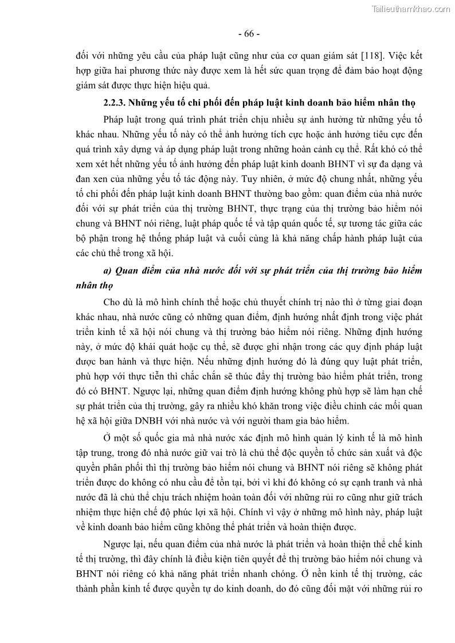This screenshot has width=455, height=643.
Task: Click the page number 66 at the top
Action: click(248, 33)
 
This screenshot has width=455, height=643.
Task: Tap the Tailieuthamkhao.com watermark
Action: click(411, 9)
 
